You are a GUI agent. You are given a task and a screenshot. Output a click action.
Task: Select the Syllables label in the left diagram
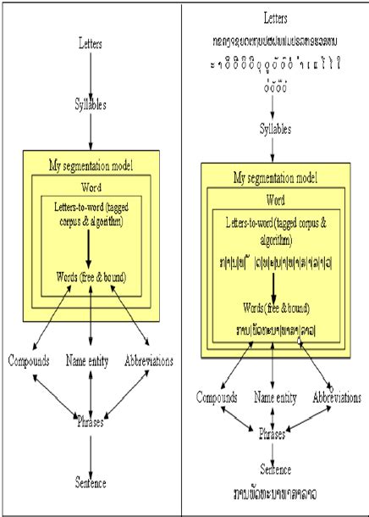pos(91,108)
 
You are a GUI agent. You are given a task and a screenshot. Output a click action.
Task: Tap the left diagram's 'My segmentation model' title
pos(91,163)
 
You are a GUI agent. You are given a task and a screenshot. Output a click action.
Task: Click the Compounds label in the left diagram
pos(30,361)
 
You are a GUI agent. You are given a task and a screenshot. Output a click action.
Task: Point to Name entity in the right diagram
pos(275,396)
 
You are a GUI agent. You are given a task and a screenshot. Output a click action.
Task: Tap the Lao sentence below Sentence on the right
pos(275,487)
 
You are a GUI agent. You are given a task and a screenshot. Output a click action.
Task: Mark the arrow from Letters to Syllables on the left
pos(91,75)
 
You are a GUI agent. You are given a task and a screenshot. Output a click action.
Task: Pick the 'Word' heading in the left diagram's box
pos(91,186)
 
